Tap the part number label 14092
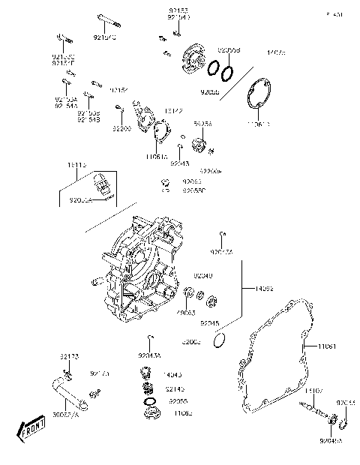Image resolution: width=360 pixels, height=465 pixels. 265,287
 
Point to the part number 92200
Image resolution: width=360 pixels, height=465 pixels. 121,129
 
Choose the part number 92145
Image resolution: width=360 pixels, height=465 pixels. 174,390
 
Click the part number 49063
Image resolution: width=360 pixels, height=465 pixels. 185,313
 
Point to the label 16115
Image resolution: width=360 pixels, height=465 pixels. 77,164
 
